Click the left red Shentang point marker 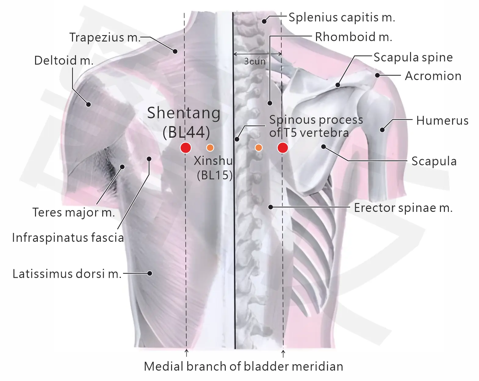pyautogui.click(x=185, y=147)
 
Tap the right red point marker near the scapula pyautogui.click(x=283, y=147)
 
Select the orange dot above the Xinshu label pyautogui.click(x=210, y=147)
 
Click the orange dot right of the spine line pyautogui.click(x=258, y=147)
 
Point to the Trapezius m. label pyautogui.click(x=105, y=37)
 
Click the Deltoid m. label pyautogui.click(x=64, y=60)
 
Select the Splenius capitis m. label pyautogui.click(x=342, y=17)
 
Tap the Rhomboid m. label pyautogui.click(x=354, y=37)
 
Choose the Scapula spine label pyautogui.click(x=413, y=57)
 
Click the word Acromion pyautogui.click(x=433, y=76)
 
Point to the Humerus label pyautogui.click(x=442, y=121)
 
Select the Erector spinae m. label pyautogui.click(x=403, y=208)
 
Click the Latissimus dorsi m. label pyautogui.click(x=67, y=274)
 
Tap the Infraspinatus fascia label pyautogui.click(x=68, y=238)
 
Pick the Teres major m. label pyautogui.click(x=74, y=212)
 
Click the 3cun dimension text pyautogui.click(x=255, y=61)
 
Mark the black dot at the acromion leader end pyautogui.click(x=377, y=75)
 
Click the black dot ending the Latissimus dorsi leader pyautogui.click(x=150, y=273)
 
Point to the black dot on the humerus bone pyautogui.click(x=382, y=130)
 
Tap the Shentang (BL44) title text pyautogui.click(x=184, y=122)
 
